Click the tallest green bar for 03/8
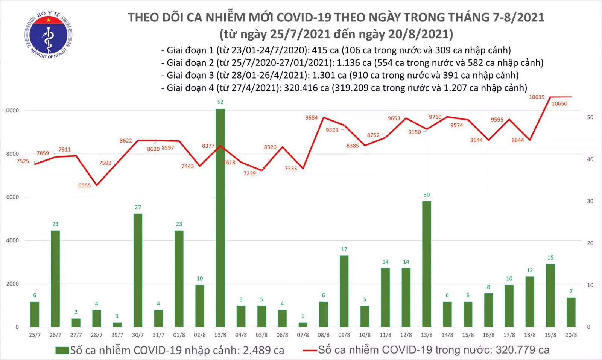pos(220,218)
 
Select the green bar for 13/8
pos(427,263)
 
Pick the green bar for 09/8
pos(344,291)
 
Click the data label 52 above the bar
pos(220,102)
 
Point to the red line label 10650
pos(559,104)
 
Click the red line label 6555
pos(84,185)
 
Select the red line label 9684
pos(311,118)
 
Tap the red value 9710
pos(435,117)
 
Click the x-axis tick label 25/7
pos(35,335)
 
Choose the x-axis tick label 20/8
pos(571,335)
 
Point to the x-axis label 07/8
pos(303,335)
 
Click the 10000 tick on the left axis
pos(11,111)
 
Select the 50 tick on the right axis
pos(590,118)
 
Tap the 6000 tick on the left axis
pos(12,197)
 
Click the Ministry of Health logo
pos(48,35)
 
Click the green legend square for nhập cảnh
pos(62,351)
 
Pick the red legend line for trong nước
pos(309,351)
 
